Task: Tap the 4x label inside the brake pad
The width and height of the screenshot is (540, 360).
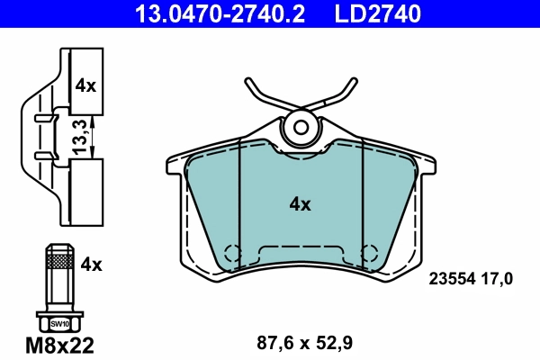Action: (300, 204)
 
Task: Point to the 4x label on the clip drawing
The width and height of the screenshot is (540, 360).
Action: (85, 86)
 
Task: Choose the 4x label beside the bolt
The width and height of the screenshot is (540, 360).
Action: (92, 264)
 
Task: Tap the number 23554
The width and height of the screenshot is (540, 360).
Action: (450, 279)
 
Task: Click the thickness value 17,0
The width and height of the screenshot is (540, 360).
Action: (497, 279)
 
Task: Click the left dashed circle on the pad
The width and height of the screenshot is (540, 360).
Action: (233, 253)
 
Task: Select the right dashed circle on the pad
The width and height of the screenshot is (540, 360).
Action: (367, 253)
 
